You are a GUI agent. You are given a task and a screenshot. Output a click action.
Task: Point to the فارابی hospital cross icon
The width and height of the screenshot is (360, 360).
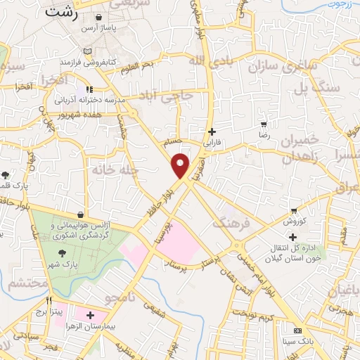(x=212, y=131)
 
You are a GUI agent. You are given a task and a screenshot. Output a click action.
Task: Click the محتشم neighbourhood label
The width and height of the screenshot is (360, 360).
(x=28, y=283)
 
